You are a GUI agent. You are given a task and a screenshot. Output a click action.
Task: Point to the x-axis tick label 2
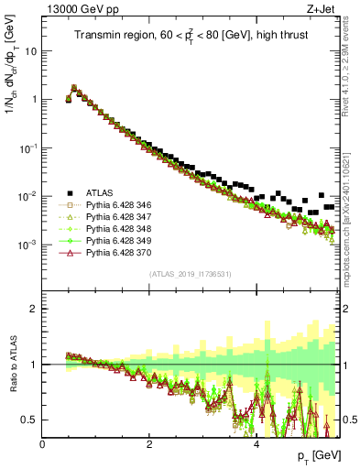pos(149,444)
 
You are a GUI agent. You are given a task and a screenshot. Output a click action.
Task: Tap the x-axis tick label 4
pos(256,444)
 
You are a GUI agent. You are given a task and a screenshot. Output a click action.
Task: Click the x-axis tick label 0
pos(43,444)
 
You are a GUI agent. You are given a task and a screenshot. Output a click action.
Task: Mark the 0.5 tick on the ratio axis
pos(29,420)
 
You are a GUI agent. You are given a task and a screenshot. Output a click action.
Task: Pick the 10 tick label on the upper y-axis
pos(29,51)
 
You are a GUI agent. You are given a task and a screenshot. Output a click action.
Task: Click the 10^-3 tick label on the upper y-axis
pos(26,245)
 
